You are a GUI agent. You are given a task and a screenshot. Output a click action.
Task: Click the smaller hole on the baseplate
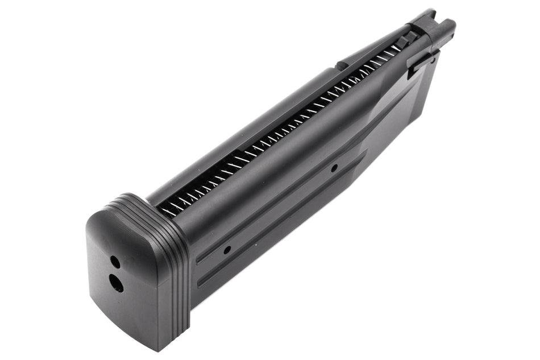pos(115,262)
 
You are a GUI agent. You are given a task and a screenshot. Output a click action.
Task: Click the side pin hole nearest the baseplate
pos(227,250)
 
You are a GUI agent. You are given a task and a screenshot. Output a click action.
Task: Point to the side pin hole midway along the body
pos(334,167)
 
